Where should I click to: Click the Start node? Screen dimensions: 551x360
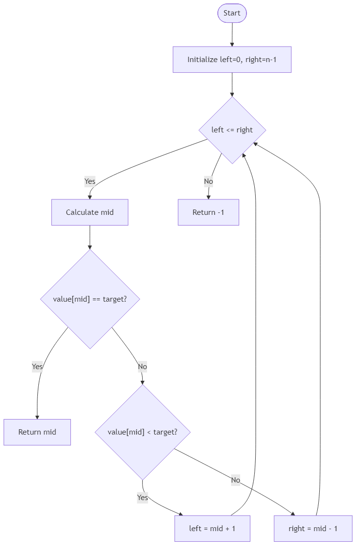[232, 13]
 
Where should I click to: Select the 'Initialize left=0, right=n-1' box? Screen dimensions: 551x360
[232, 60]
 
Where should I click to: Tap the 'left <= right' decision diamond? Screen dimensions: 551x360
[232, 130]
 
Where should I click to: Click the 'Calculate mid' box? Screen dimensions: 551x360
[90, 212]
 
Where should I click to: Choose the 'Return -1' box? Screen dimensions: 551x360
[208, 212]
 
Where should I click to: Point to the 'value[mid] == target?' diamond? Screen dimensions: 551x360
[90, 299]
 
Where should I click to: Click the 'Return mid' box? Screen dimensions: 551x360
[37, 432]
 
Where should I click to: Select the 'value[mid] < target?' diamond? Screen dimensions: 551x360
[142, 432]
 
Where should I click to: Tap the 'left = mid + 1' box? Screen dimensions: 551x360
[212, 528]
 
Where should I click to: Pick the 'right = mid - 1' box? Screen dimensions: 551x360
[313, 528]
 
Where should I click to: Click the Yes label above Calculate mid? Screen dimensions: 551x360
[90, 181]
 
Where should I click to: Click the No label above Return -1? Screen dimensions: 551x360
[208, 181]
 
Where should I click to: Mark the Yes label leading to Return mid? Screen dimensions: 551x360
[37, 367]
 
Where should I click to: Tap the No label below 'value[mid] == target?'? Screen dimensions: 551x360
[142, 367]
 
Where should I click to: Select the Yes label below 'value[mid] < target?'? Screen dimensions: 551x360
[142, 498]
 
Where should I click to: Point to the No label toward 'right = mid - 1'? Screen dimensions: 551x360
[236, 480]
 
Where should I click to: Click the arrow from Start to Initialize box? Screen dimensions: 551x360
[232, 34]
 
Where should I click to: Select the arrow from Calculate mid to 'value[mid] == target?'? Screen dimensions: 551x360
[90, 238]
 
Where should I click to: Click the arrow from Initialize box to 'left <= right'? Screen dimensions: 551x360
[232, 85]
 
